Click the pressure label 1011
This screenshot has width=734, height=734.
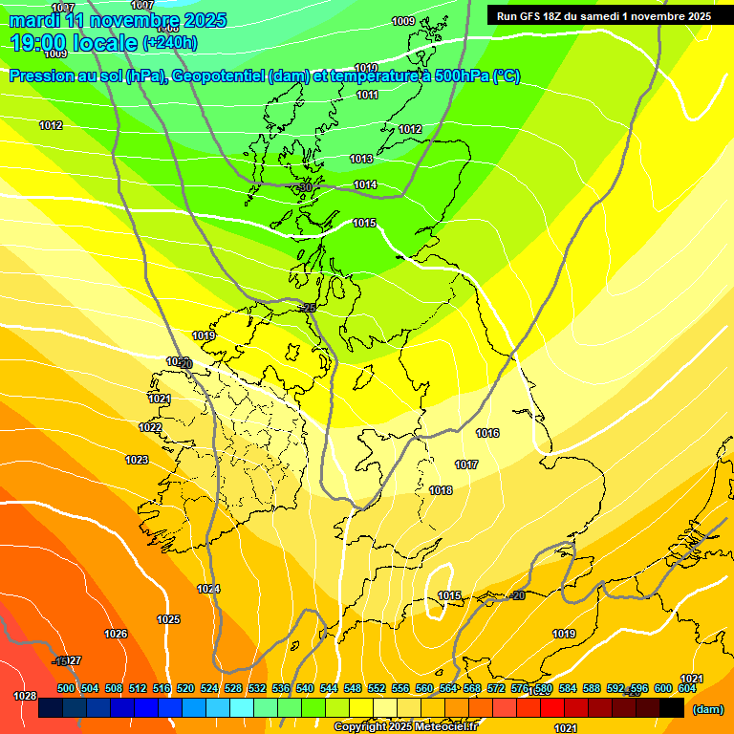click(x=367, y=95)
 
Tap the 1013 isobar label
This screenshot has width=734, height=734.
click(x=361, y=159)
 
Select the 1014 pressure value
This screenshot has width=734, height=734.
click(x=365, y=184)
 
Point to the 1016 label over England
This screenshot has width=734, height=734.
click(x=487, y=433)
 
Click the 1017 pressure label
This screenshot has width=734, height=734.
click(x=466, y=464)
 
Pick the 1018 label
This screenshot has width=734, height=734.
click(x=441, y=490)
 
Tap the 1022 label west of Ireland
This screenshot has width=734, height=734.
click(x=150, y=427)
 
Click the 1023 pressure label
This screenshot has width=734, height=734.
click(x=137, y=460)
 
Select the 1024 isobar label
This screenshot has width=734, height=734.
click(x=208, y=589)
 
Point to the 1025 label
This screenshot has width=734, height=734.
click(x=168, y=619)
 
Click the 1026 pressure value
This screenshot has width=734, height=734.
click(x=116, y=634)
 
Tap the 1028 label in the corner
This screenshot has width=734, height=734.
click(x=25, y=696)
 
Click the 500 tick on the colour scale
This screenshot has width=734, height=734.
click(x=66, y=688)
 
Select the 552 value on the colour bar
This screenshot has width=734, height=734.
click(x=377, y=688)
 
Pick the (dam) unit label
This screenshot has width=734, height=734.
click(x=707, y=709)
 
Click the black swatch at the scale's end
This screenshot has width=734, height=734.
click(x=672, y=708)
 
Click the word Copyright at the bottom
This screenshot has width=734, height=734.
click(x=360, y=727)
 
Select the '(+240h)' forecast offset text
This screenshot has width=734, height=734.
click(x=170, y=43)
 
